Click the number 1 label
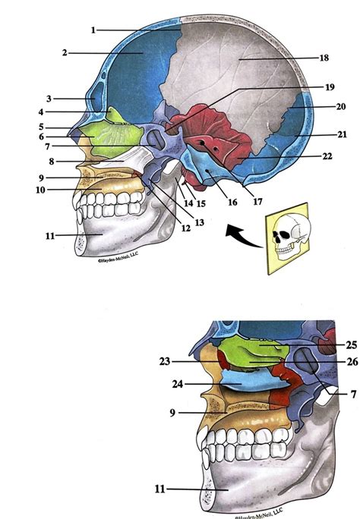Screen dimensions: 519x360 click(x=92, y=30)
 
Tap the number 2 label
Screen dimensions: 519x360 click(x=65, y=53)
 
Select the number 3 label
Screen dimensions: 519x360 click(x=48, y=99)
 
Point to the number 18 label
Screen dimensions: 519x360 click(x=324, y=58)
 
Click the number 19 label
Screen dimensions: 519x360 click(x=329, y=87)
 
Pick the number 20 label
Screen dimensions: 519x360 click(x=340, y=107)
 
